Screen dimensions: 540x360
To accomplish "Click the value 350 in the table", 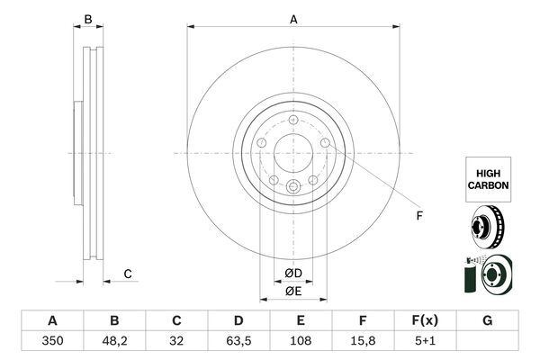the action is [52, 341].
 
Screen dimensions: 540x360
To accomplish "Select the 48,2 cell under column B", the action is [114, 341].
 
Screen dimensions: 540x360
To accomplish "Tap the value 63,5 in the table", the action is [238, 341].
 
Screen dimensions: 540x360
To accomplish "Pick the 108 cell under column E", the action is [301, 341].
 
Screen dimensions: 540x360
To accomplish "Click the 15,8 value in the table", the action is [363, 341].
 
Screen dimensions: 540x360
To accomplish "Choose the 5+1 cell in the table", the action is [425, 341].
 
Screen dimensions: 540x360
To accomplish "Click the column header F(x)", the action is [425, 320].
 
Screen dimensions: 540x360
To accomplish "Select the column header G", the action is [487, 320].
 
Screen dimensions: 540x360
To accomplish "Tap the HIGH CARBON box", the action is [489, 179].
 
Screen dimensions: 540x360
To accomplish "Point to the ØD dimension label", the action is [293, 274].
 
